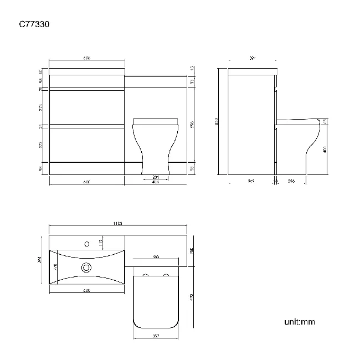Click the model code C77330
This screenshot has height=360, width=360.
(36, 24)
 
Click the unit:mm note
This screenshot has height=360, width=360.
(300, 322)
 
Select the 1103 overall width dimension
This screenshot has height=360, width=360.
(117, 223)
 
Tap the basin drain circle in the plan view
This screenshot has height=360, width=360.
(86, 268)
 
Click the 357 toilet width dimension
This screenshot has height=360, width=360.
(156, 335)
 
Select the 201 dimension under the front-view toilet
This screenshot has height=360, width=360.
(156, 177)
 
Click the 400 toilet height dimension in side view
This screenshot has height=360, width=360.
(325, 148)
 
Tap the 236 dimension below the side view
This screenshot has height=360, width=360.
(291, 181)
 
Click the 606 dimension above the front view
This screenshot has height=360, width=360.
(87, 58)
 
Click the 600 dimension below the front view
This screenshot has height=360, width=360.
(87, 182)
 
